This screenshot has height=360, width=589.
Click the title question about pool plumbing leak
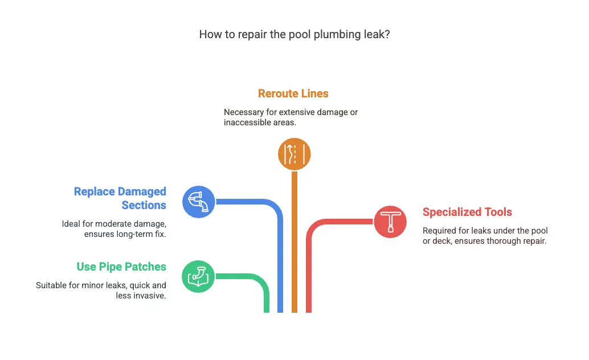point(294,34)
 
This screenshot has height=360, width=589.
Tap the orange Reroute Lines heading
point(293,93)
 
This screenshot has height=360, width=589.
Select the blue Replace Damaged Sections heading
point(120,198)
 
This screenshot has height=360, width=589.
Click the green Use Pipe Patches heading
point(121,267)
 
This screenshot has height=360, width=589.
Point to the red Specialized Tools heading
point(467,212)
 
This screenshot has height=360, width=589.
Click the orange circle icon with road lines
point(294,154)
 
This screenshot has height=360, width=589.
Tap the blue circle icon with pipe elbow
point(199,202)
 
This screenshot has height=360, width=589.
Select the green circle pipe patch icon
point(198,276)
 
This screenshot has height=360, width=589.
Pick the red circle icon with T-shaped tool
point(390,222)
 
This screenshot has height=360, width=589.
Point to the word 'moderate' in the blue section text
point(118,223)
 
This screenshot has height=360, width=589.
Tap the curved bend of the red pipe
point(314,227)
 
